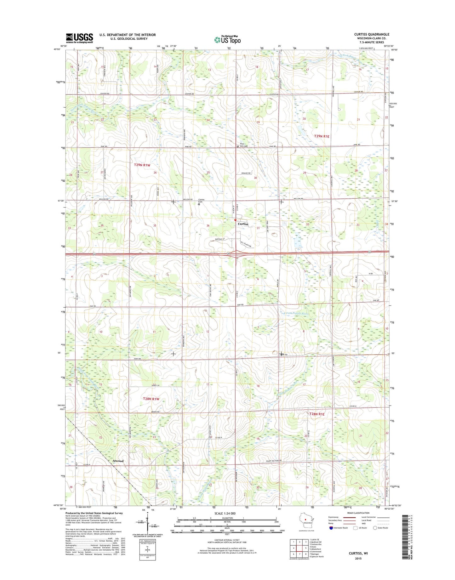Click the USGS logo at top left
pyautogui.click(x=79, y=38)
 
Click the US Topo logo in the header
pyautogui.click(x=227, y=40)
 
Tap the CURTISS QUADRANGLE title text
pyautogui.click(x=372, y=34)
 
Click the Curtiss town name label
pyautogui.click(x=243, y=224)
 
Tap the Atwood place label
pyautogui.click(x=118, y=461)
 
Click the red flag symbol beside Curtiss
pyautogui.click(x=235, y=220)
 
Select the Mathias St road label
pyautogui.click(x=219, y=240)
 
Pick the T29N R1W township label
pyautogui.click(x=142, y=165)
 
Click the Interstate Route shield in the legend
pyautogui.click(x=331, y=528)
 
